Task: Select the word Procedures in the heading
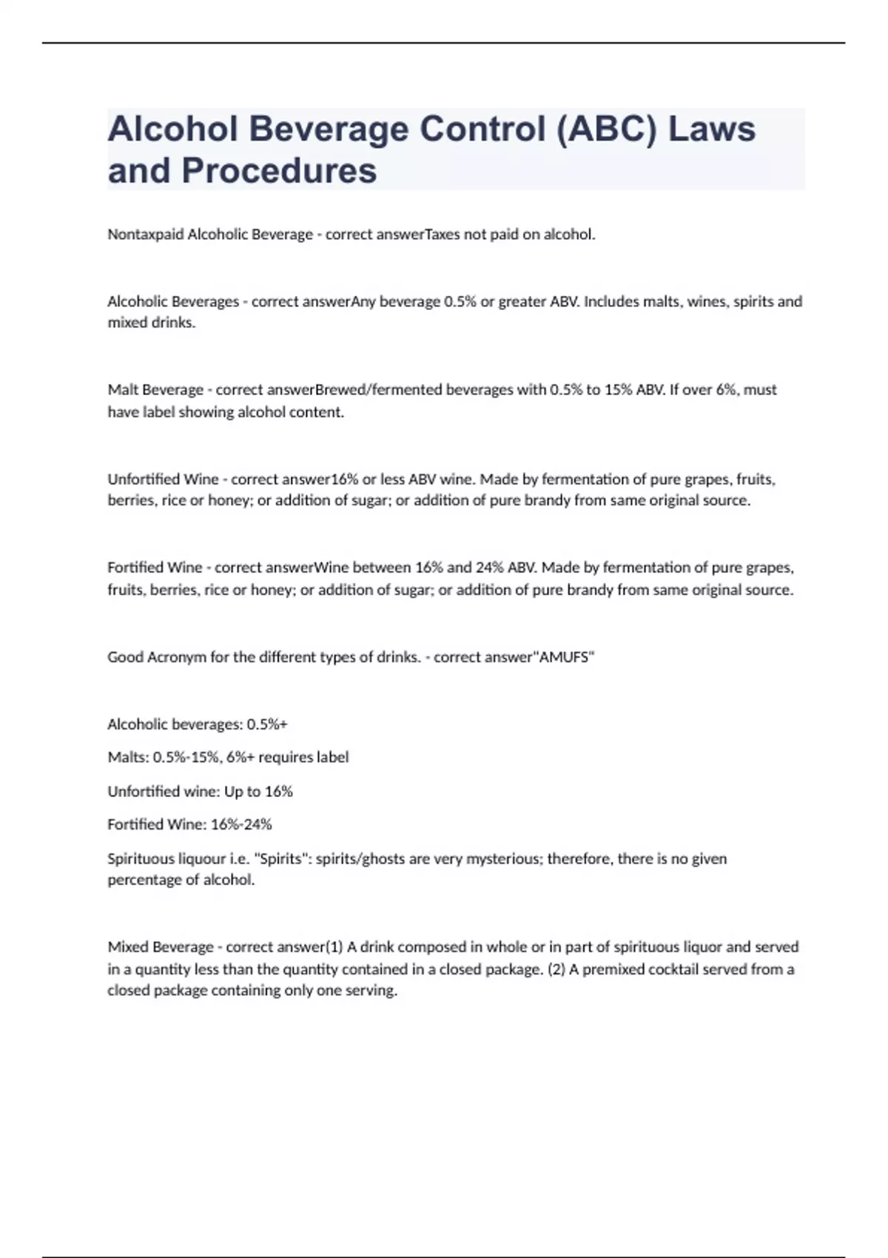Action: [x=279, y=171]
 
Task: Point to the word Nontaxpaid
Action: [x=145, y=235]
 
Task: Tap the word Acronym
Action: [x=177, y=657]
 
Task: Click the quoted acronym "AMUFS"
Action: [x=565, y=657]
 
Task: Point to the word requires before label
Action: [x=286, y=757]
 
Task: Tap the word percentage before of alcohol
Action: [x=144, y=881]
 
